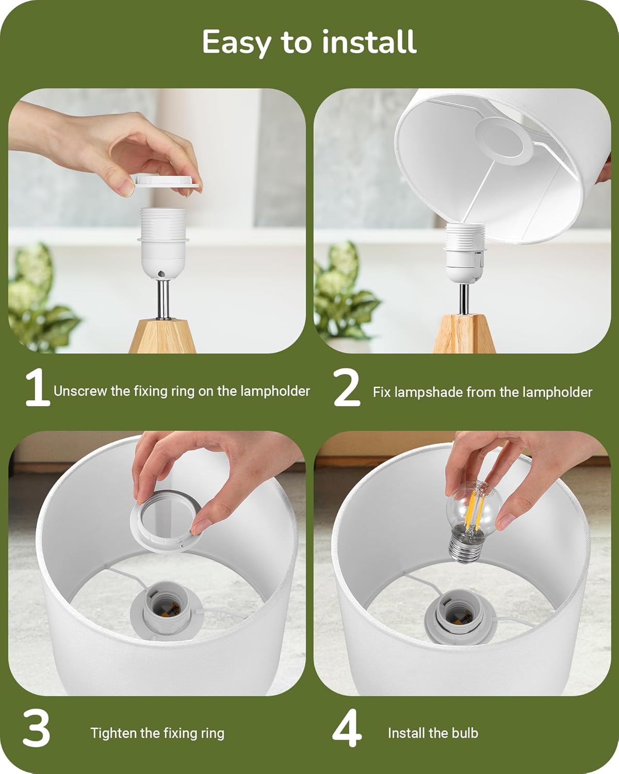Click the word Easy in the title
click(236, 42)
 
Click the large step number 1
click(38, 388)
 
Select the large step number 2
click(347, 388)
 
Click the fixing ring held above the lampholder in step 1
click(167, 181)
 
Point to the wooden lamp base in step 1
click(162, 336)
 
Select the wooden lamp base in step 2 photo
click(464, 333)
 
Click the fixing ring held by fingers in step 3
click(166, 522)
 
